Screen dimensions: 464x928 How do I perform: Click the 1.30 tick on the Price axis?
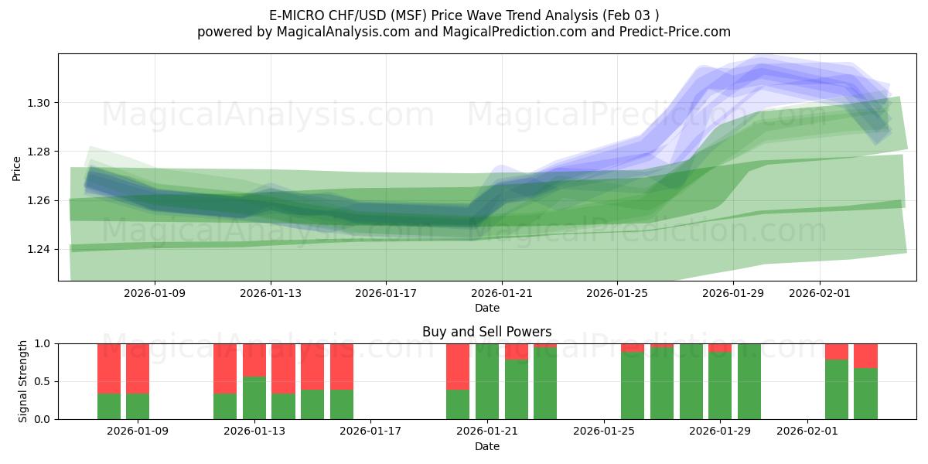point(40,103)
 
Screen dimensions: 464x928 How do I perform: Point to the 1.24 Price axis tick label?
point(40,249)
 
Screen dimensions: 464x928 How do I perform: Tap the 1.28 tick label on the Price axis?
point(40,152)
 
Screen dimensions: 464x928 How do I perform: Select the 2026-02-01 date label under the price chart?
point(820,294)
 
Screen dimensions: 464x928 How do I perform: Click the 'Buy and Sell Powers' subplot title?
point(486,332)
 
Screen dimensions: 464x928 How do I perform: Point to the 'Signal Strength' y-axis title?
point(23,381)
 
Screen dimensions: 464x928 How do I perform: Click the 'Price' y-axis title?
point(17,168)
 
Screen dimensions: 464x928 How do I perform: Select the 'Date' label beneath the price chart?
point(486,308)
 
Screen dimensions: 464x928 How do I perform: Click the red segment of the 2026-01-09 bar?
point(138,368)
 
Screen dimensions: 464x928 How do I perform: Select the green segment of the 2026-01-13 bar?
point(254,397)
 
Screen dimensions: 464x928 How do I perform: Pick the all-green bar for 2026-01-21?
point(487,381)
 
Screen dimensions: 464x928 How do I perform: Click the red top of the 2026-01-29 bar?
point(720,348)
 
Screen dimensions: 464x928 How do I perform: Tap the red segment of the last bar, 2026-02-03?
point(865,356)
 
